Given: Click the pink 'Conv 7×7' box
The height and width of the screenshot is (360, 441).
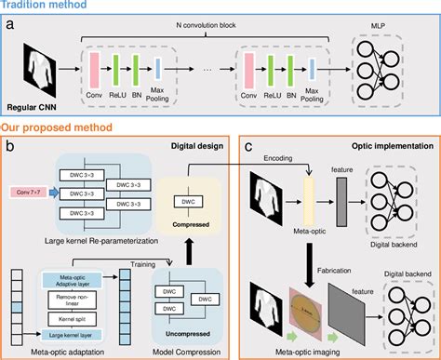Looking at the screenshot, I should (30, 193).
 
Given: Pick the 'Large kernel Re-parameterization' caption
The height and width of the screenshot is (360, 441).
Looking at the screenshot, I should (108, 241).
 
